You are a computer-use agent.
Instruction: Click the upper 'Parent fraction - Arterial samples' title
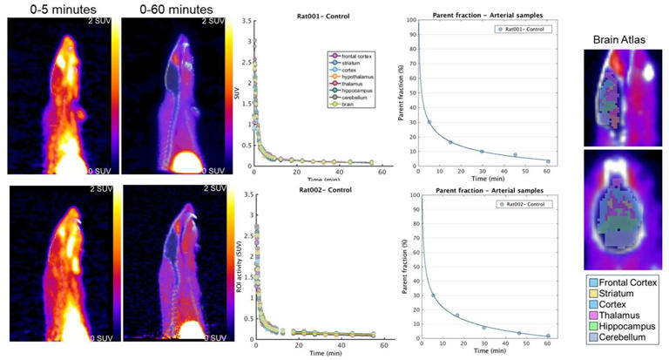tap(483, 17)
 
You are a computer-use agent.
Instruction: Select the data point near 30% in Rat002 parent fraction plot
tap(433, 295)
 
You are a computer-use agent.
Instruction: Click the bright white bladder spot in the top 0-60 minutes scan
tap(187, 163)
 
